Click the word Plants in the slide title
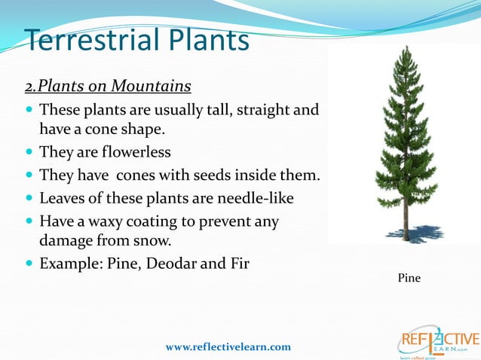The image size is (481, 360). tap(202, 39)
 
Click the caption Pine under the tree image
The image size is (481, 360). tap(409, 279)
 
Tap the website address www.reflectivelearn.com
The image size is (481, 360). tap(228, 346)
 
